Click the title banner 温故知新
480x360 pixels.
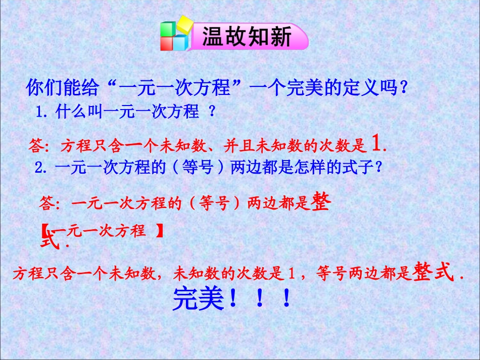247,37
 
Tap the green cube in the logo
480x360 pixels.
167,29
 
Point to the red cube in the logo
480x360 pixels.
169,43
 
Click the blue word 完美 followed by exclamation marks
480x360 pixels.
198,299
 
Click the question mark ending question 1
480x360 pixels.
212,112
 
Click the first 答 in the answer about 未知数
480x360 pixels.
36,146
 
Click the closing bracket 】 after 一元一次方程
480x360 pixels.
160,231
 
